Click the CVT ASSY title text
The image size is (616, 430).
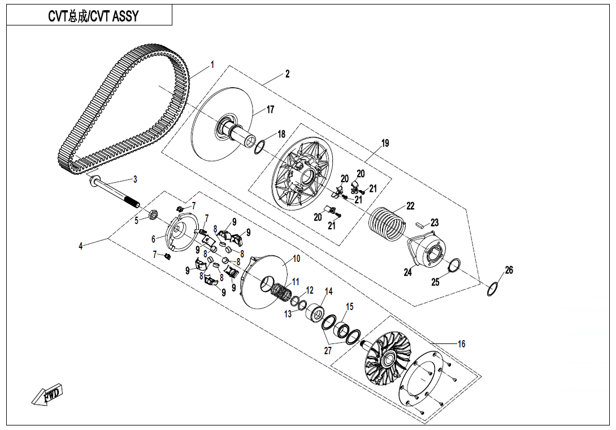coord(93,16)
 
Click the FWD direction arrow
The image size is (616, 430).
coord(48,394)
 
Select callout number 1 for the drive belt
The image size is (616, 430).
coord(212,64)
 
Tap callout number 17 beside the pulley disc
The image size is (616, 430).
coord(270,109)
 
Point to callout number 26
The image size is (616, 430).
coord(509,270)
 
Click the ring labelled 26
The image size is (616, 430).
coord(493,289)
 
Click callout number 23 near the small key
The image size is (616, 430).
coord(434,223)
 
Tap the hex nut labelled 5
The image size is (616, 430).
coord(152,214)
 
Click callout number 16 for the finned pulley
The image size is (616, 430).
coord(461,344)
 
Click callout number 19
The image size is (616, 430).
coord(384,143)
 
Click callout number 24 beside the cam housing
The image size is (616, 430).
coord(407,273)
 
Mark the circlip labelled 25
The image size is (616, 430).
coord(453,265)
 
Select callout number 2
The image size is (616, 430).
coord(287,74)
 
